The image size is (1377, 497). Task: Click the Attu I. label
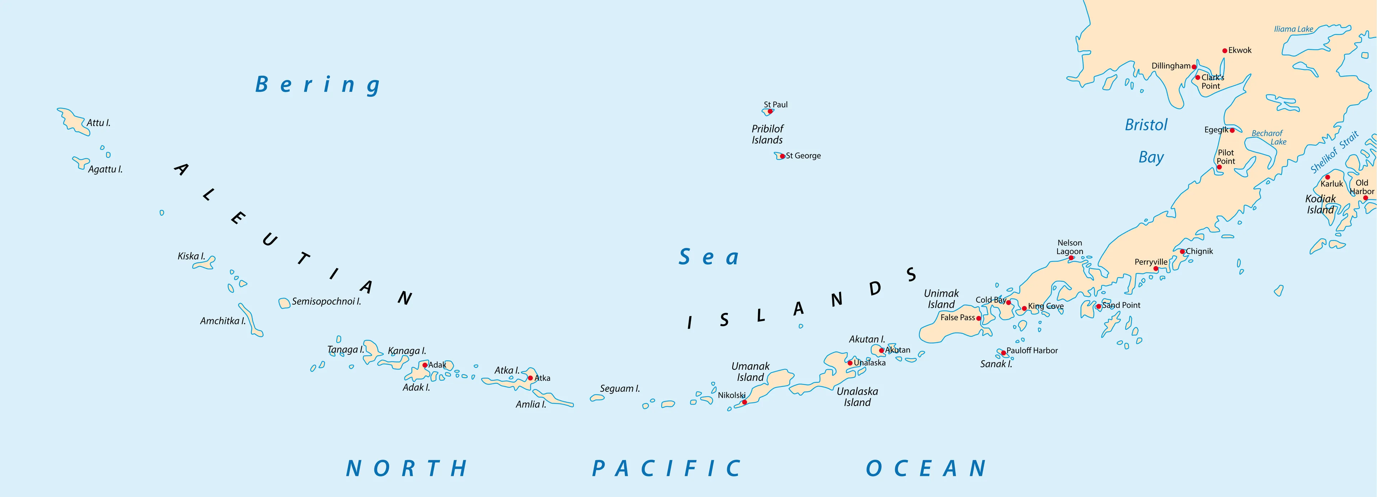(98, 123)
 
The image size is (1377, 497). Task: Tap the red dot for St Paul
(770, 111)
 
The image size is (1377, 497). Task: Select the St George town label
(803, 156)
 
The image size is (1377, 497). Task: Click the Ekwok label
(1240, 50)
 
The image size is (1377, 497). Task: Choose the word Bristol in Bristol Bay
(1146, 125)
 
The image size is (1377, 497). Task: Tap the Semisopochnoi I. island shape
(284, 303)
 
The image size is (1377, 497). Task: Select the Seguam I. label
(620, 388)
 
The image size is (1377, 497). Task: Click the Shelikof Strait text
(1334, 152)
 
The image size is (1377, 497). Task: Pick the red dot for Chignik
(1182, 251)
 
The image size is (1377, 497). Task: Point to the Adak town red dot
(425, 365)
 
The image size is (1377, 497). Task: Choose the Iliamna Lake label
(1293, 29)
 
